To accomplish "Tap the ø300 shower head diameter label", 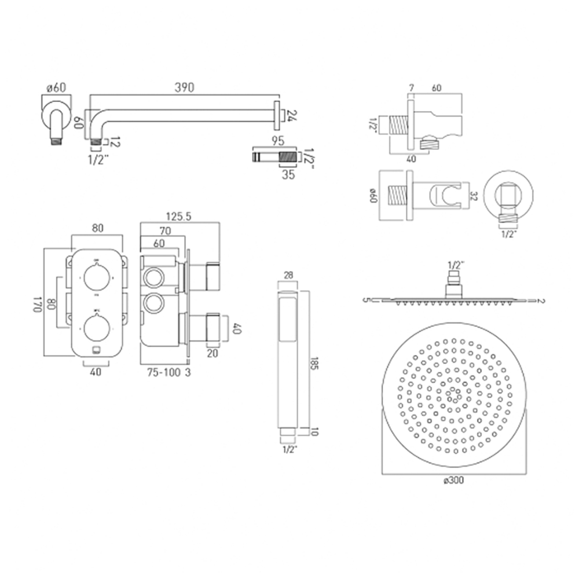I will (x=456, y=479).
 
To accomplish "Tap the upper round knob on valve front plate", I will (x=96, y=277).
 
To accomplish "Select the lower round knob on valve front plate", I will (x=96, y=328).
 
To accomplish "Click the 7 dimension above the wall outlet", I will (x=411, y=87).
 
